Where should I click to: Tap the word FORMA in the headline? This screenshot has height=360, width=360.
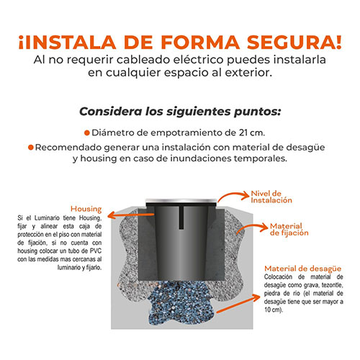(200, 42)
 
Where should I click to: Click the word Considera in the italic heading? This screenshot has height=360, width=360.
(111, 112)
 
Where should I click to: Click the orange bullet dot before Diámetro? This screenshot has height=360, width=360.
(87, 132)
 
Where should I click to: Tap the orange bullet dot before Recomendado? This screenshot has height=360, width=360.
(30, 147)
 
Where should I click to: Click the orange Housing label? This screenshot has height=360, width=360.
(86, 209)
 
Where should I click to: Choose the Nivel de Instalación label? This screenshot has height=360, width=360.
(271, 197)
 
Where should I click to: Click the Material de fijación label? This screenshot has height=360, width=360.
(289, 230)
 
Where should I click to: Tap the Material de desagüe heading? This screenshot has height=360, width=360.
(302, 269)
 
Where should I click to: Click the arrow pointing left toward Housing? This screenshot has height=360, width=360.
(131, 215)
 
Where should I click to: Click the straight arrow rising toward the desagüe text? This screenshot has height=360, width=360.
(238, 304)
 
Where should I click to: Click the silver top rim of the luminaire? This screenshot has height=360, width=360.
(181, 201)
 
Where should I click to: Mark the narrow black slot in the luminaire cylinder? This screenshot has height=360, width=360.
(181, 217)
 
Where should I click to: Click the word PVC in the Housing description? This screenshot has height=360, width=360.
(96, 251)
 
